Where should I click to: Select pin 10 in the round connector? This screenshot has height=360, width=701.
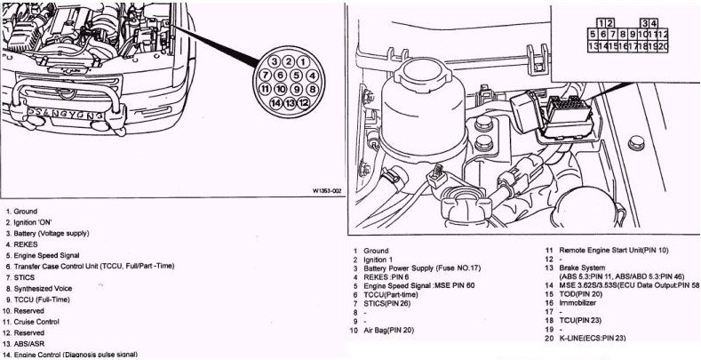point(281,90)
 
